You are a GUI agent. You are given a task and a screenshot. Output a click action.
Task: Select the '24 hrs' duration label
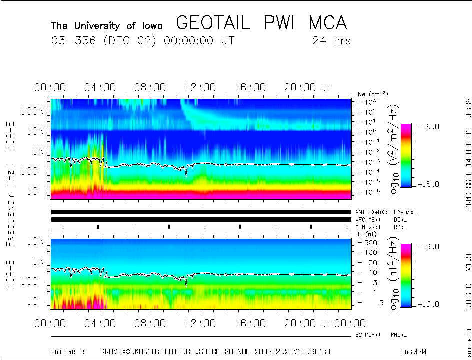[331, 41]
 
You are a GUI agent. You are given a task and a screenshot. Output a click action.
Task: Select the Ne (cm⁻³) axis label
[372, 94]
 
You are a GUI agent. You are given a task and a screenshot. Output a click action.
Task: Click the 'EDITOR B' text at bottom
[67, 352]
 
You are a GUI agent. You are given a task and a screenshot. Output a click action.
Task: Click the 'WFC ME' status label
[367, 219]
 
